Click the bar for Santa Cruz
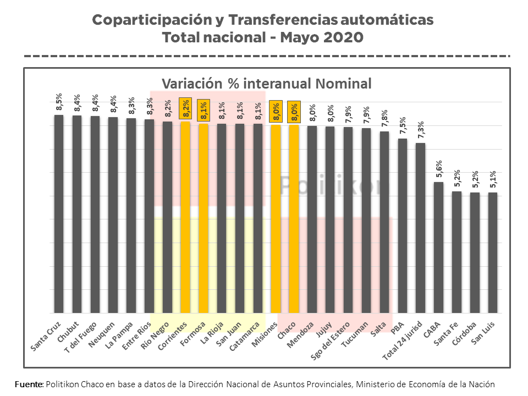tap(59, 215)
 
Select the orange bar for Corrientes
tap(185, 217)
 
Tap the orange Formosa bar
tap(204, 218)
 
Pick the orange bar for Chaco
tap(294, 219)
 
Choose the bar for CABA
tap(438, 248)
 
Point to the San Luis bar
tap(492, 253)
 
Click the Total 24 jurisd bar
tap(420, 228)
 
